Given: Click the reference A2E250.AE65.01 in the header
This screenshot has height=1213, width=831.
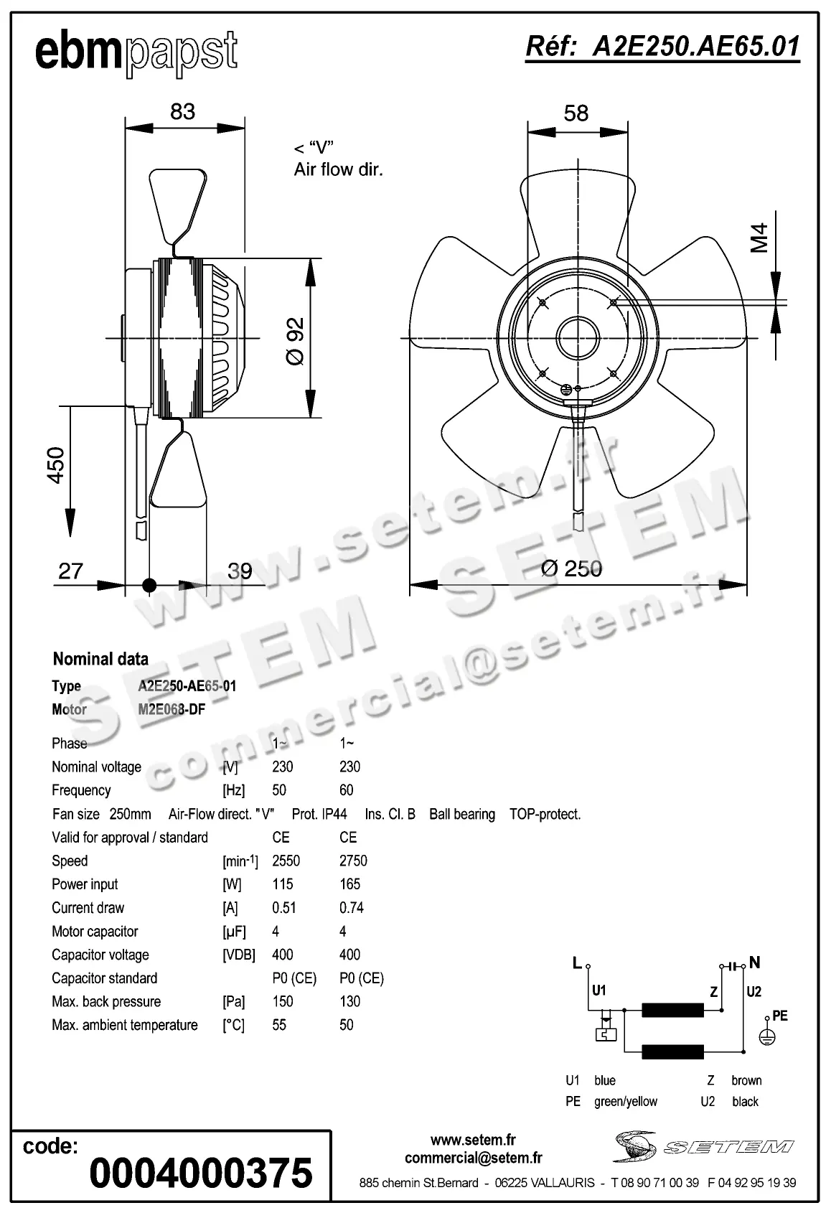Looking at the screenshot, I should pos(662,47).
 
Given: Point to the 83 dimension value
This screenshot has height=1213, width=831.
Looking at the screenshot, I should pos(183,111).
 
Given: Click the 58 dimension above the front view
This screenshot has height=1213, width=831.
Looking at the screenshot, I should pos(576,113).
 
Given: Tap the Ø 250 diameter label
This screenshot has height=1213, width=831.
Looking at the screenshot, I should pos(571,568).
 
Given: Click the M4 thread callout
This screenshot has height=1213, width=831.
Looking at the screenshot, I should pos(759,238).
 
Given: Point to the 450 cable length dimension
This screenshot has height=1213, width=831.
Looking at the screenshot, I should pos(56,464).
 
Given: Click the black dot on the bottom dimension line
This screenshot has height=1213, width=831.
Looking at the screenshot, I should pos(149,585).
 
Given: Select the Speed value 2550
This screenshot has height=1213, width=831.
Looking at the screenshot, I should pos(286,861).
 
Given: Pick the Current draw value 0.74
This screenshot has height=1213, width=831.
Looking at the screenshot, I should pos(351,908).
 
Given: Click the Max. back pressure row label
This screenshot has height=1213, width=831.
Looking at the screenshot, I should pos(106,1001).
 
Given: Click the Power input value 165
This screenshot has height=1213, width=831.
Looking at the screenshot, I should pos(349,884).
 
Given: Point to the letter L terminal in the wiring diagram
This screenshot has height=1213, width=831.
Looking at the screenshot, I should pos(577,963).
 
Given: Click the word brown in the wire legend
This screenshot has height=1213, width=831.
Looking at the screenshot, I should pos(746,1080).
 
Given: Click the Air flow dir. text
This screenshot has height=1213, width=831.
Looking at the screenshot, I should pos(338,169).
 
